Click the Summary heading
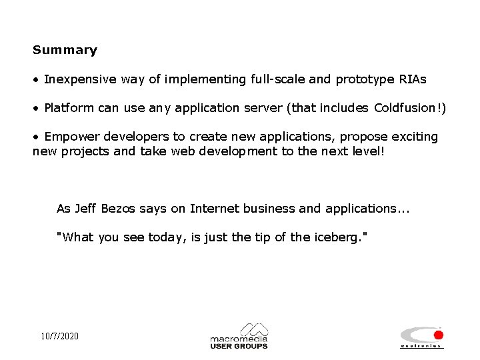(x=65, y=50)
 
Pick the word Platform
(x=69, y=108)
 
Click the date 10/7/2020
(x=59, y=336)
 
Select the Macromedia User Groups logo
(x=239, y=336)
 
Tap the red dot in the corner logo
(x=438, y=335)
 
